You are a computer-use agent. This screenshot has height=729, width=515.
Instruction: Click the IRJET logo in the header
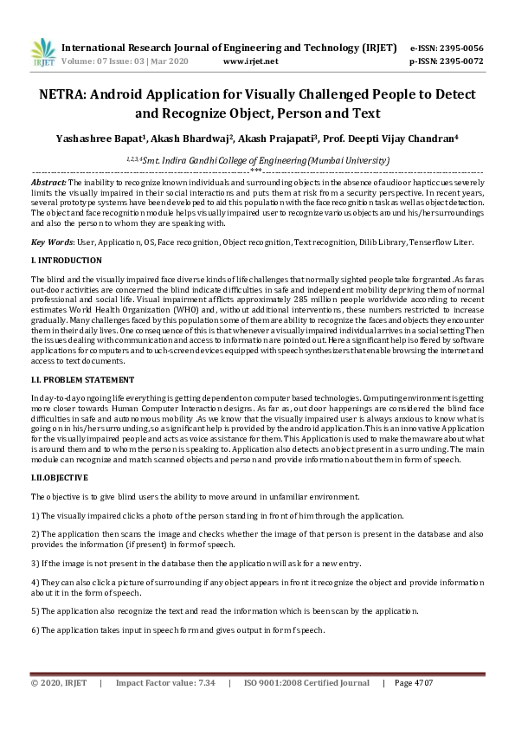pyautogui.click(x=42, y=53)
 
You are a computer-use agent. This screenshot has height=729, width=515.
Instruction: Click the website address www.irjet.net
pyautogui.click(x=250, y=61)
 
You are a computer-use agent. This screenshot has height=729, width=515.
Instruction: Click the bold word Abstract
pyautogui.click(x=48, y=183)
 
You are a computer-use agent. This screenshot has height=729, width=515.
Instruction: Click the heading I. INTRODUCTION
pyautogui.click(x=67, y=260)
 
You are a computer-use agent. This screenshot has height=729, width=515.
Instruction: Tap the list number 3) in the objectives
pyautogui.click(x=35, y=563)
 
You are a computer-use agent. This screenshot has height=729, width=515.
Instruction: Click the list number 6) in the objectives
pyautogui.click(x=35, y=630)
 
